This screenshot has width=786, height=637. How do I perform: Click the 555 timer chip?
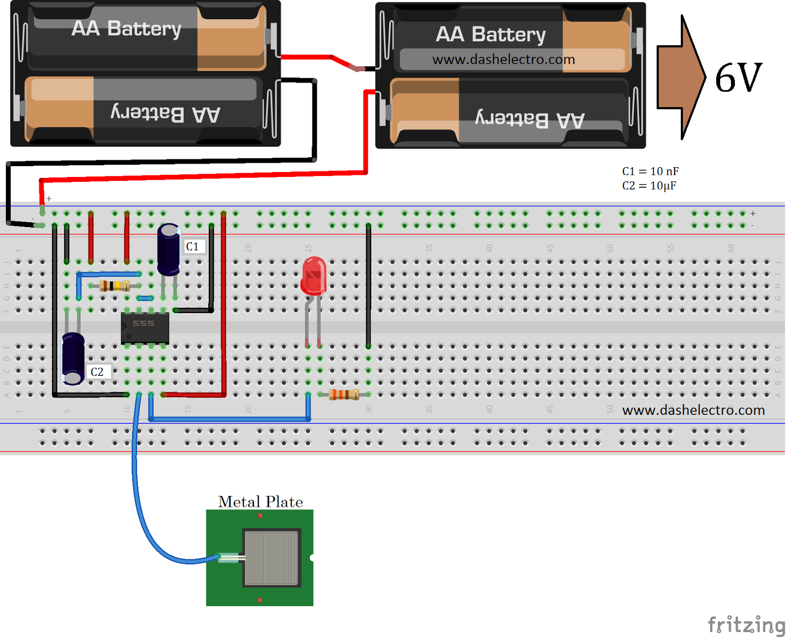point(145,328)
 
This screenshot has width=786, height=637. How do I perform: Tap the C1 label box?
point(193,246)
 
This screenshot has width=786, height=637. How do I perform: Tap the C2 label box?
point(97,372)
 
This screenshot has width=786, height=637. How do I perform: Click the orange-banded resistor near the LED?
point(344,394)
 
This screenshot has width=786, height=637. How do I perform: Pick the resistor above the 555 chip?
point(114,286)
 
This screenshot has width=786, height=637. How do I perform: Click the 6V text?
point(738,78)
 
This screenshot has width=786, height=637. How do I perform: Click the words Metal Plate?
point(260,502)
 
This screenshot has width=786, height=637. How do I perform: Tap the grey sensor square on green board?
point(272,558)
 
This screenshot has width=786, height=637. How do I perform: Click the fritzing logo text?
point(746,625)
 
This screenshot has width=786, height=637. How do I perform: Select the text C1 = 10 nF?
point(650,172)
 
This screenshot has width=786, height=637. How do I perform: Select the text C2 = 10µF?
point(649,186)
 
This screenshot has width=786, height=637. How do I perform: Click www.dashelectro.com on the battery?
point(504,59)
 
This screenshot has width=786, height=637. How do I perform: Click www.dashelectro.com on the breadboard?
point(693,410)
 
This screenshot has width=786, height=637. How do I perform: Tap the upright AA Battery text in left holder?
point(127,29)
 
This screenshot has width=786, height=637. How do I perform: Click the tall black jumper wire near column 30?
point(368,285)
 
